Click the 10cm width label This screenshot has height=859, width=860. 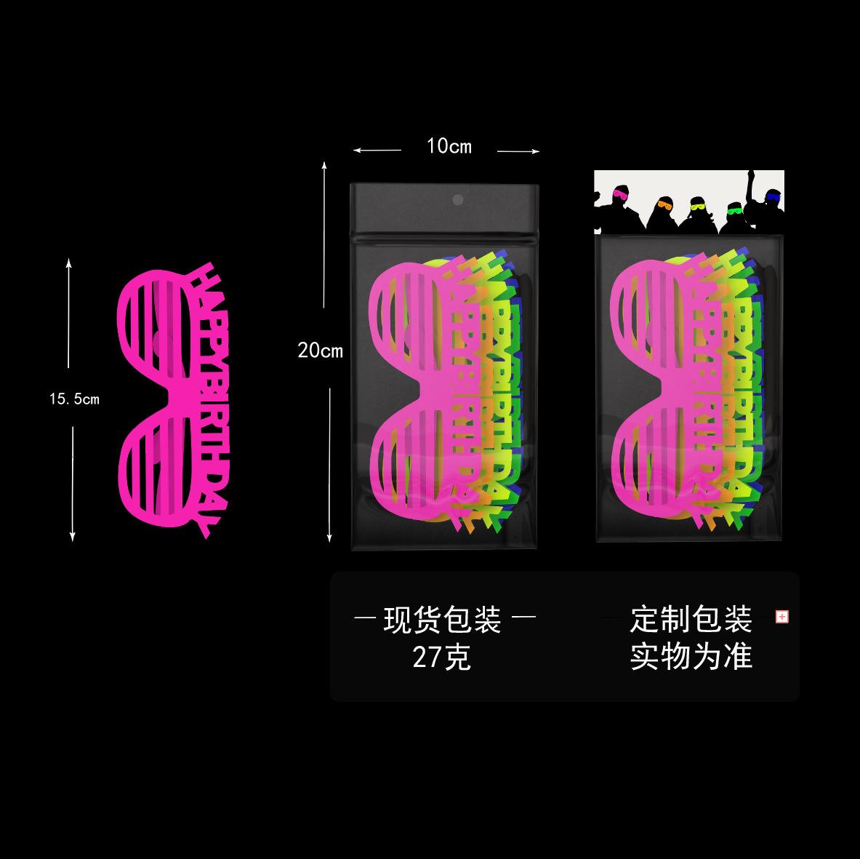click(449, 147)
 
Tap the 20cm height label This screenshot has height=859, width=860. click(320, 351)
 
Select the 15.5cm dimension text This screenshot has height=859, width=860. click(74, 399)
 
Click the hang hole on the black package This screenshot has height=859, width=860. click(457, 200)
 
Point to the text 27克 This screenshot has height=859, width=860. click(442, 658)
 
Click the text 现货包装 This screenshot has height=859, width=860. click(442, 620)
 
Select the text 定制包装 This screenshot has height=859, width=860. click(691, 620)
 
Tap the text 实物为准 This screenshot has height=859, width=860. click(691, 657)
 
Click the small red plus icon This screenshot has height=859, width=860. click(782, 617)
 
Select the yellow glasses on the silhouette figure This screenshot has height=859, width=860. click(698, 207)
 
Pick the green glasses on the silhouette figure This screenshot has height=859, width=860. click(736, 211)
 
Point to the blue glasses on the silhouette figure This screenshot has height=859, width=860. click(772, 197)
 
